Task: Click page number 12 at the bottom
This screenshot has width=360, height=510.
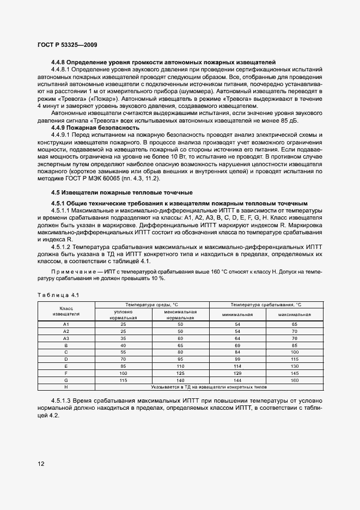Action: tap(41, 464)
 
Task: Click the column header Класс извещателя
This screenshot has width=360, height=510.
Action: tap(66, 311)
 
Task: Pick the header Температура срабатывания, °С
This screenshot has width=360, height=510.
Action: tap(266, 304)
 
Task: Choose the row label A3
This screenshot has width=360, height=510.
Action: tap(66, 338)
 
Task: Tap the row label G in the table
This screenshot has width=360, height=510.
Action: tap(66, 380)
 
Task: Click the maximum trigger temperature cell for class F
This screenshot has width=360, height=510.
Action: tap(294, 373)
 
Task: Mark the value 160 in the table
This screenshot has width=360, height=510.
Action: tap(294, 380)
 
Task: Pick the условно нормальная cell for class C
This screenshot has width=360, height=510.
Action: tap(124, 352)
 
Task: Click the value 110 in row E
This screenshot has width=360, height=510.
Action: tap(180, 366)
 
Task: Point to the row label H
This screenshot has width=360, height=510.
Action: tap(66, 387)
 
